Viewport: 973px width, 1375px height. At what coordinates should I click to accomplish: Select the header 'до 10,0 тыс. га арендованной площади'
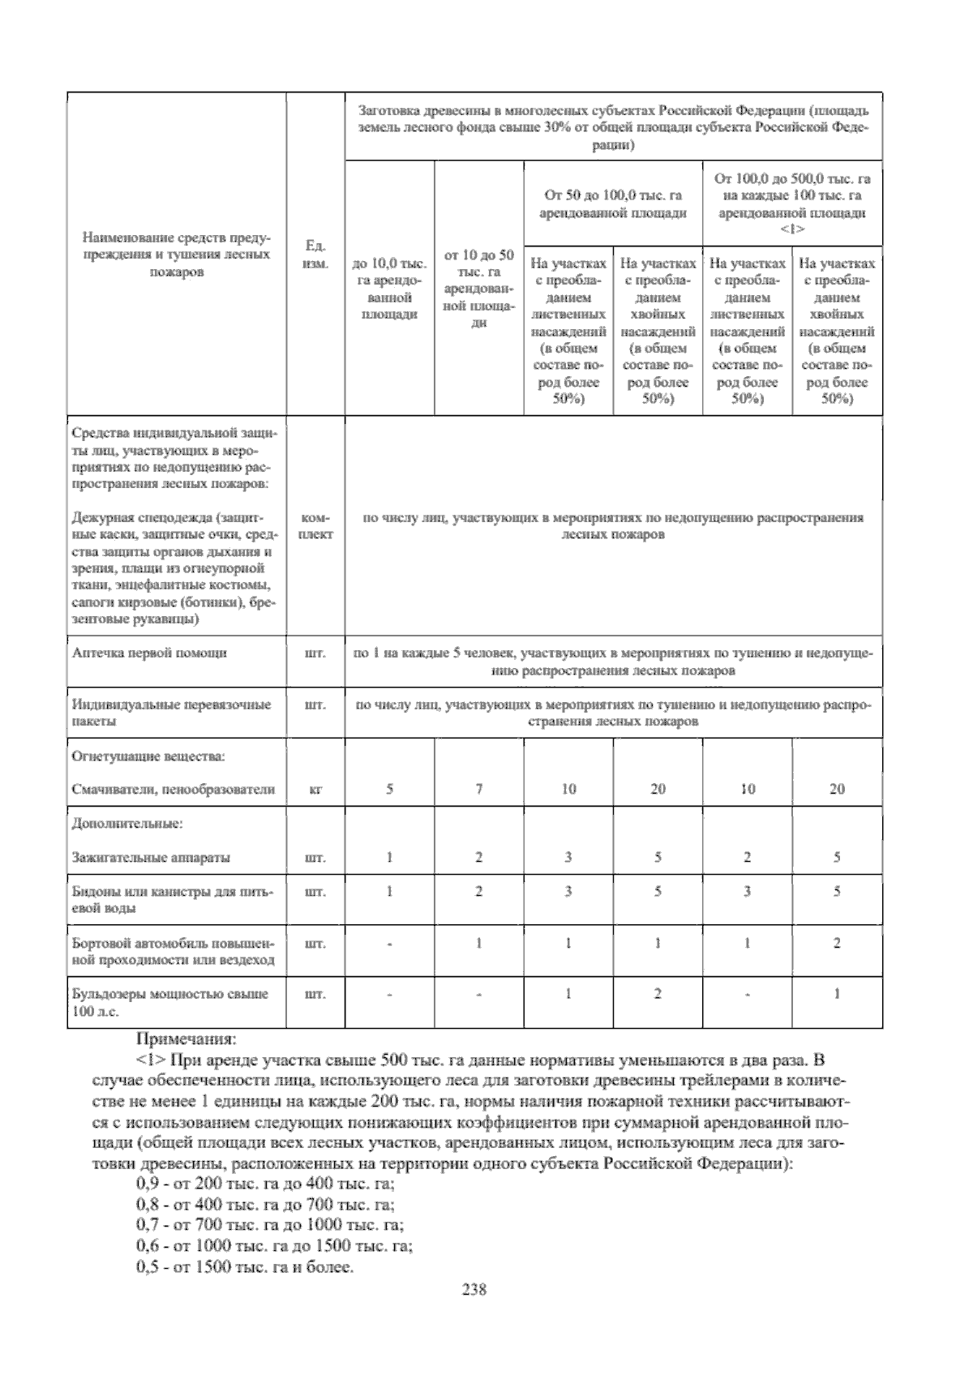point(389,289)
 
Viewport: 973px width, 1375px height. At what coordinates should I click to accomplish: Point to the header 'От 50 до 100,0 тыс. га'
point(613,203)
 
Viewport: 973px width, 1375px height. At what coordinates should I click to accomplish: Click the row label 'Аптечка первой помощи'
point(149,653)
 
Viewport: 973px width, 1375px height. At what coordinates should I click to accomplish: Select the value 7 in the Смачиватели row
point(479,789)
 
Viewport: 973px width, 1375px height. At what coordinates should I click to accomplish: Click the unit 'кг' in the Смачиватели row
point(315,789)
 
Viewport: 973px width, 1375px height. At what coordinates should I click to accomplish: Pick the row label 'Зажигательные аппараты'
point(151,857)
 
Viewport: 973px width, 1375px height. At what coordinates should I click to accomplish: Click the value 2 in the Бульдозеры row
point(658,994)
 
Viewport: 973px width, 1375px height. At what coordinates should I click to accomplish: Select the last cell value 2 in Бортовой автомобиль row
point(837,943)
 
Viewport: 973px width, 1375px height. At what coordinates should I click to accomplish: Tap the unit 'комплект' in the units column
point(315,525)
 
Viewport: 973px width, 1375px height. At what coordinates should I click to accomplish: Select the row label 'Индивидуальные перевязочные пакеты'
point(171,713)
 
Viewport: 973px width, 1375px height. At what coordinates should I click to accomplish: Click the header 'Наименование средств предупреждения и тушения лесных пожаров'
point(176,254)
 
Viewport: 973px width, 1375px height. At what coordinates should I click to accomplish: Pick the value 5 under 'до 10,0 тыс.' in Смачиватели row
point(389,789)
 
